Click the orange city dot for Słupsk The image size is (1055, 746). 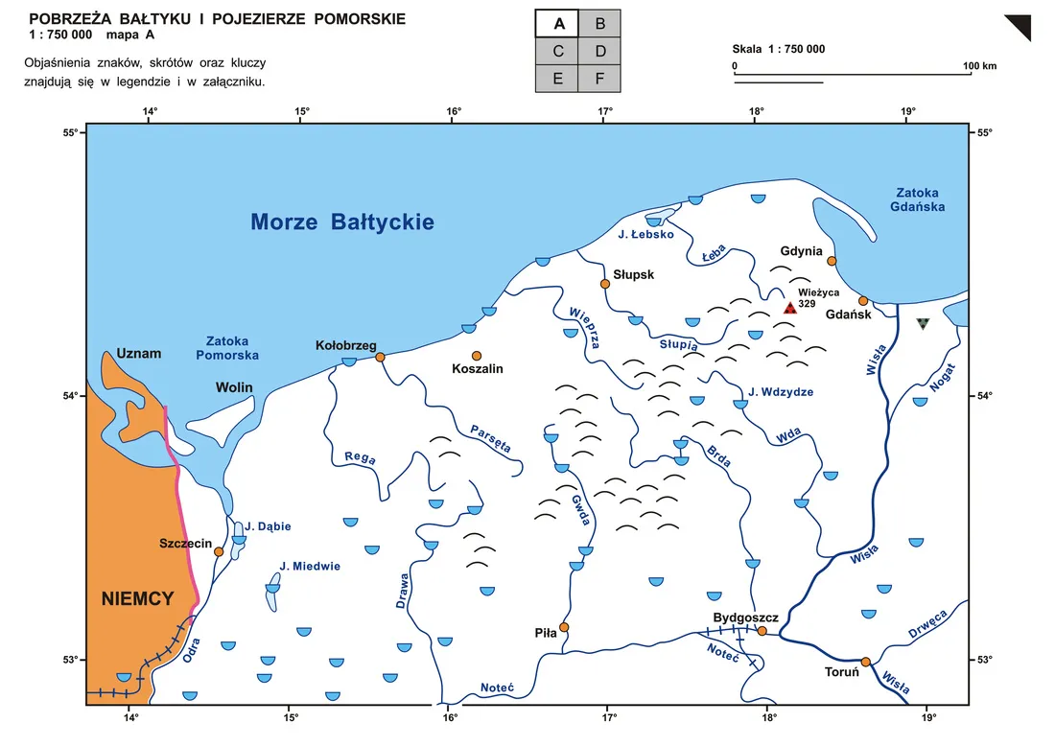coord(605,284)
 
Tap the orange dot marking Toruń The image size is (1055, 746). coord(865,662)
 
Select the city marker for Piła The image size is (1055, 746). coord(564,627)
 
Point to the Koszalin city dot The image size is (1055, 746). coord(477,356)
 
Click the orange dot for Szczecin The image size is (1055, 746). coord(219,551)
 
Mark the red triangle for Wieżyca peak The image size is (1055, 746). coord(789,308)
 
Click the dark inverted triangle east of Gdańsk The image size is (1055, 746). coord(923,324)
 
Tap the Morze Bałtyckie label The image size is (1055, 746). coord(342,222)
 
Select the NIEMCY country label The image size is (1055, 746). coord(137,599)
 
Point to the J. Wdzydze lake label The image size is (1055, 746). coord(781,391)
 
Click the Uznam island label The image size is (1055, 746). coord(139,354)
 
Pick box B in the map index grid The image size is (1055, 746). coord(599,24)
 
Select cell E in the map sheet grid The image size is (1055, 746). coord(557,79)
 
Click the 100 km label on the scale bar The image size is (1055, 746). coord(981,66)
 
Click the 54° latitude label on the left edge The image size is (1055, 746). coord(69,396)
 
